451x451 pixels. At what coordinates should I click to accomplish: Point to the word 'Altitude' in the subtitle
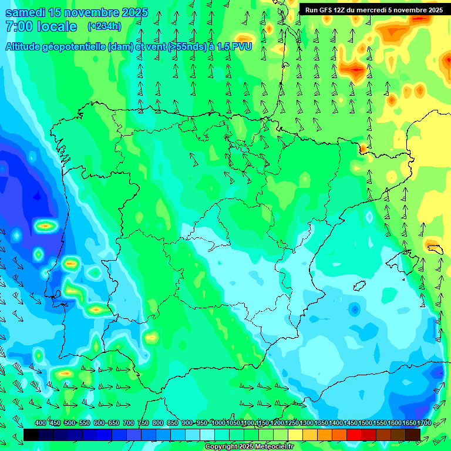[28, 46]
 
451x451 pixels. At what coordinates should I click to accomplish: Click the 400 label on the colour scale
[41, 423]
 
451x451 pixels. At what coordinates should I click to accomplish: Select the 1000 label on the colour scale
[218, 423]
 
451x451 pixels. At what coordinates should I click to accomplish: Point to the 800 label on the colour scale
[158, 423]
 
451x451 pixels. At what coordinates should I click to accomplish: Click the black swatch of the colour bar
[31, 435]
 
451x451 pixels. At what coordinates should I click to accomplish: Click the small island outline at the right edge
[435, 248]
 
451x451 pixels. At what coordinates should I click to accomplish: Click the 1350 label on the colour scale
[321, 423]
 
